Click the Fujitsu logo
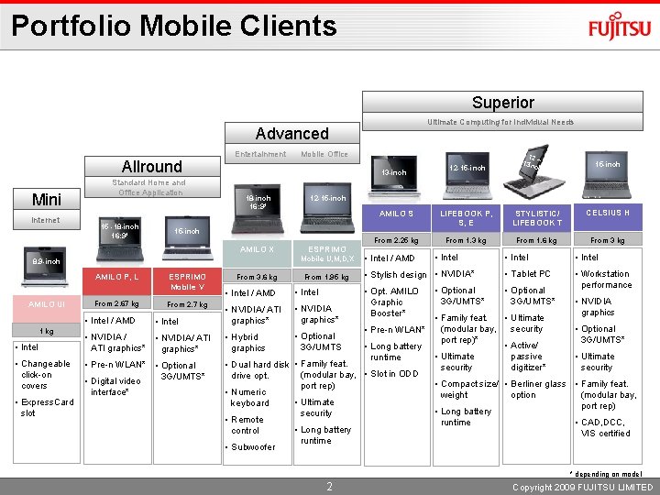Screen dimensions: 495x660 (621, 27)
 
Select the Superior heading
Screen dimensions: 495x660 (502, 103)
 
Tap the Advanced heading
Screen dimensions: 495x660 (291, 134)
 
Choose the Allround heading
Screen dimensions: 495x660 (151, 166)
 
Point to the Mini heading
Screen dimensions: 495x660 (46, 199)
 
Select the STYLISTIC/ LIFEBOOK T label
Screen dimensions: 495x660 (537, 218)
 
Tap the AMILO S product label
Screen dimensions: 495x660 (397, 213)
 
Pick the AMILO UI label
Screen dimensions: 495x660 (46, 303)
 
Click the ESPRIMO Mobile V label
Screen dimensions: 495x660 (186, 281)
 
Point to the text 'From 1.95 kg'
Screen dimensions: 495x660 (326, 277)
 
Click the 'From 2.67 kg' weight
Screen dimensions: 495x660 (116, 303)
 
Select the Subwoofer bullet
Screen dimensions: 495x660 (253, 447)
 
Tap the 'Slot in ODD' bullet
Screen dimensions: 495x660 (394, 373)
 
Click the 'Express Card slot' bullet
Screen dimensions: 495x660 (48, 407)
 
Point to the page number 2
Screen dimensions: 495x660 (330, 486)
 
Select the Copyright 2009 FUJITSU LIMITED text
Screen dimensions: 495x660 (582, 487)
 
